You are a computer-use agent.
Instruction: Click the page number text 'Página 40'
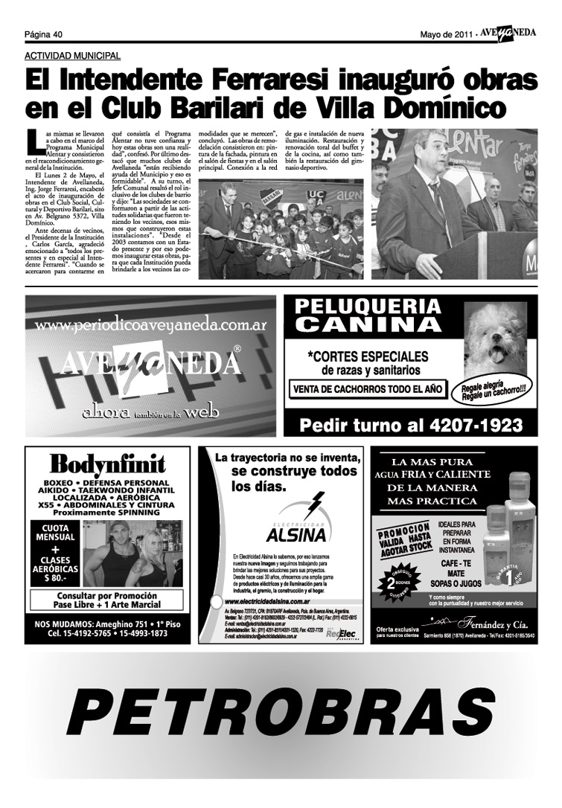(43, 33)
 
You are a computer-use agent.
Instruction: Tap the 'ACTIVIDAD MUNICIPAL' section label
(72, 56)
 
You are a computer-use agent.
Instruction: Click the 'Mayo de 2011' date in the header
(447, 33)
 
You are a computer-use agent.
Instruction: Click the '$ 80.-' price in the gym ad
(55, 577)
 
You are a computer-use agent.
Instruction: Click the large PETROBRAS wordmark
(281, 713)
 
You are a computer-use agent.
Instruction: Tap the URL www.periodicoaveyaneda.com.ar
(150, 325)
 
